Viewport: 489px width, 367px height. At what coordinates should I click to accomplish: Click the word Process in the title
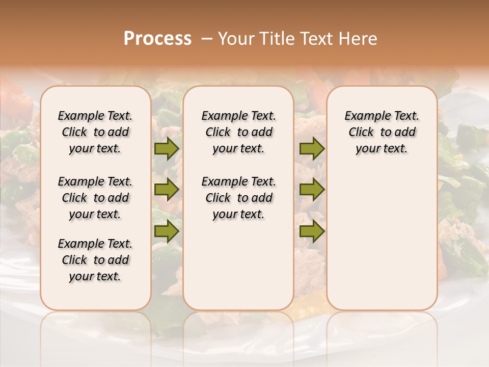[157, 38]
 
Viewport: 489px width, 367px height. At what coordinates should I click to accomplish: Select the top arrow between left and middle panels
[167, 148]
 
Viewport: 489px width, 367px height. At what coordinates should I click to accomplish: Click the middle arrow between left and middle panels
[167, 190]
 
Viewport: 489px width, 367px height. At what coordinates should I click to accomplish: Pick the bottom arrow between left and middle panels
[167, 231]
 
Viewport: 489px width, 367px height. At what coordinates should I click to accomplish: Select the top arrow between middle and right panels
[312, 148]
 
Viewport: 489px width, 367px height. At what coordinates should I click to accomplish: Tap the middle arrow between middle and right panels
[312, 190]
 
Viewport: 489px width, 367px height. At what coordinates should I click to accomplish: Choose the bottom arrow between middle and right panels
[312, 231]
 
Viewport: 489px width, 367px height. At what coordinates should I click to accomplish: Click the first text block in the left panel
[95, 132]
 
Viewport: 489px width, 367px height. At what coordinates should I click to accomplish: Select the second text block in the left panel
[95, 198]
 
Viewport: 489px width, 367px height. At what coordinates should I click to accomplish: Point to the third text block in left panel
[95, 260]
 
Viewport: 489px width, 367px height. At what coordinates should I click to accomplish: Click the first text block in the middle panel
[238, 132]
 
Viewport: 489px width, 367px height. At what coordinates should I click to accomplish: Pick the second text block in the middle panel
[238, 198]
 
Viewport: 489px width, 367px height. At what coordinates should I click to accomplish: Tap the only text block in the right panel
[382, 132]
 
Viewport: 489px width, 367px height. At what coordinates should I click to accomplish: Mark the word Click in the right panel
[361, 132]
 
